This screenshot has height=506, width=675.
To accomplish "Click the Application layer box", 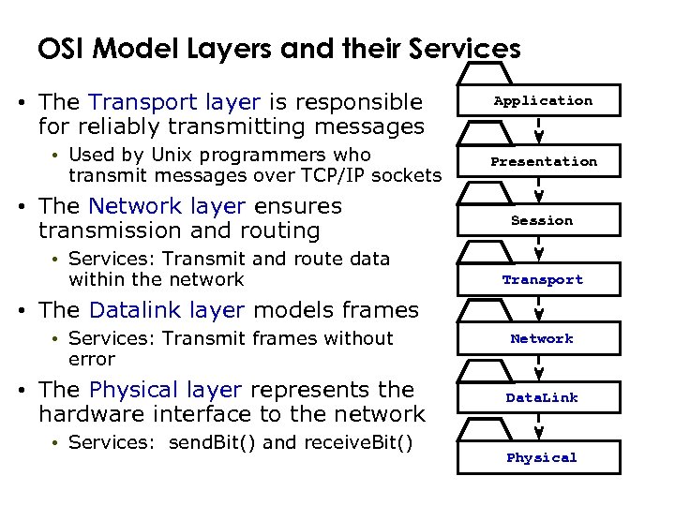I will (x=543, y=101).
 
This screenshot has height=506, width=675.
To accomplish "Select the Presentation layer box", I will (x=543, y=161).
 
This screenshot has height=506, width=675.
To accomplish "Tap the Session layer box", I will (x=542, y=221).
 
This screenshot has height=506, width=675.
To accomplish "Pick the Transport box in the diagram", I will (x=542, y=280).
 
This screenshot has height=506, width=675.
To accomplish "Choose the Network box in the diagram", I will (x=542, y=339).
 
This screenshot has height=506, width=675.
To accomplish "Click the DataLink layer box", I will (x=542, y=398).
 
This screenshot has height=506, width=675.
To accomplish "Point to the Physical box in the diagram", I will (x=542, y=458).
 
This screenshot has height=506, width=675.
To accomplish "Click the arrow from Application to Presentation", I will (x=539, y=130).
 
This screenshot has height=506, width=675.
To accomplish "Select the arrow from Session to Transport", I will (x=539, y=249).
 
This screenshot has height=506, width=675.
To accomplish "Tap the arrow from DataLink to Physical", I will (x=539, y=427).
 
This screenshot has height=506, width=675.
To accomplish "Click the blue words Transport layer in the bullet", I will (x=174, y=101).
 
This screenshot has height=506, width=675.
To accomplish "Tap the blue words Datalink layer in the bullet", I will (x=167, y=309).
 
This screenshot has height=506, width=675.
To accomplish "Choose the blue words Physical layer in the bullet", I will (x=165, y=389).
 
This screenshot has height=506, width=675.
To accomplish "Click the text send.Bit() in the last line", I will (x=213, y=441).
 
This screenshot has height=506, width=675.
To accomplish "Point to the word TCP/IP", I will (x=330, y=175).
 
